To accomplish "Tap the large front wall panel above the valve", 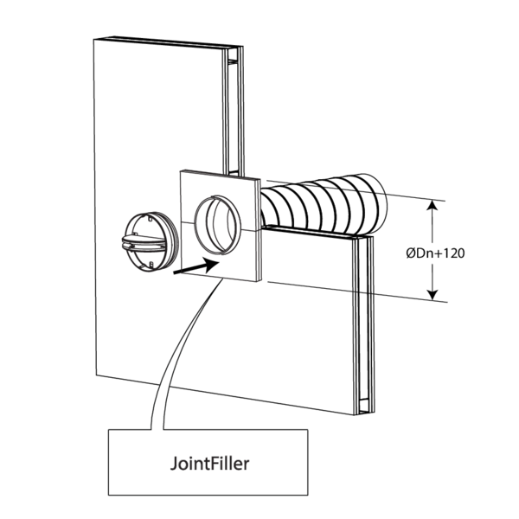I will (x=147, y=121).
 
